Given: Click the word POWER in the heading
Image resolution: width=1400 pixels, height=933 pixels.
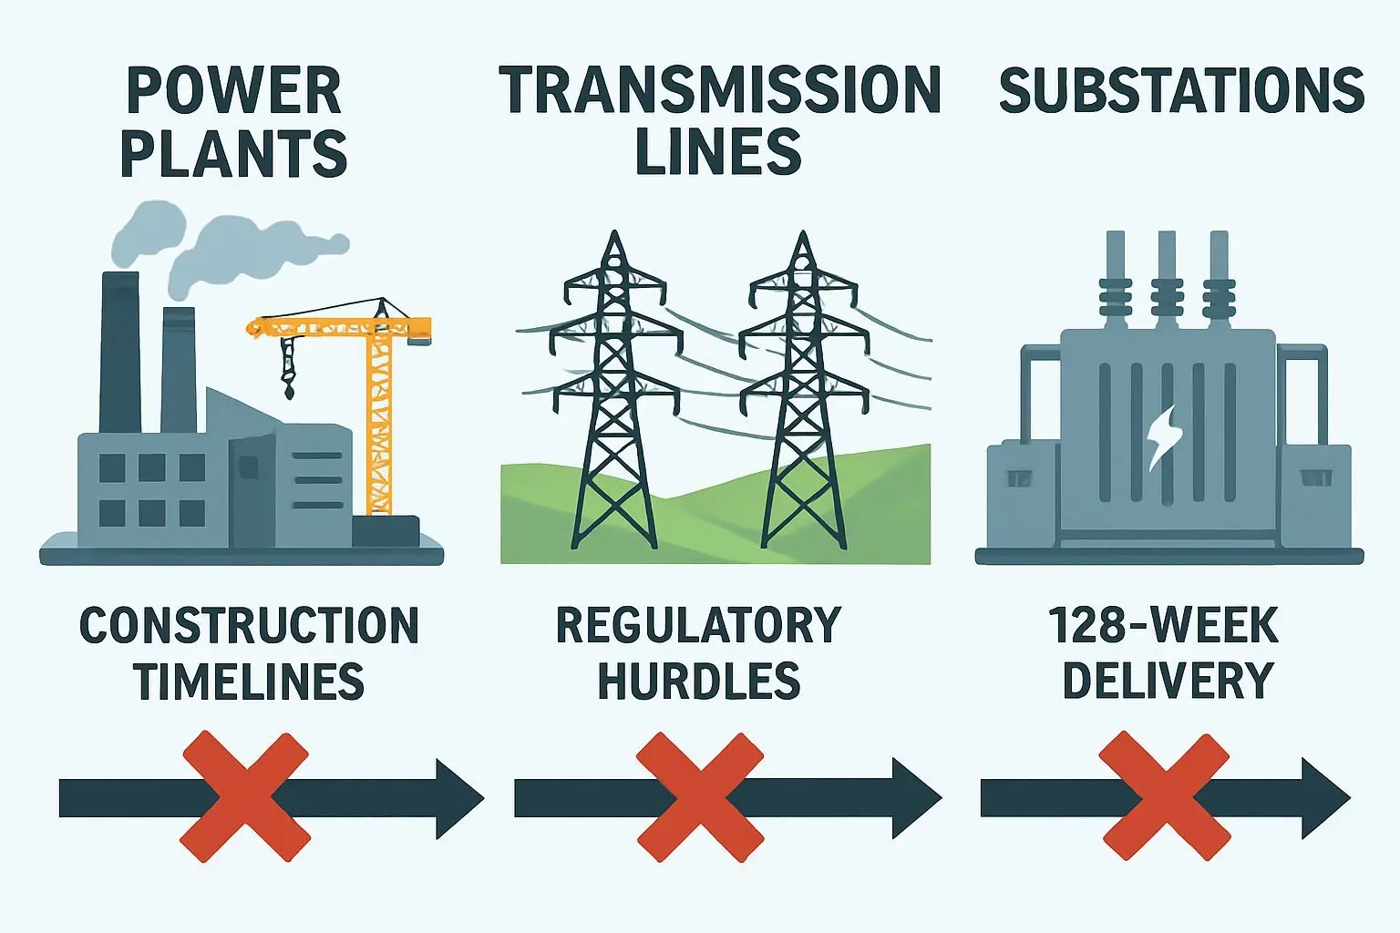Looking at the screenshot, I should [x=233, y=91].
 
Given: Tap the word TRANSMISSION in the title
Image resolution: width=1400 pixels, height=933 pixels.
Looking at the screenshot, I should [x=720, y=91].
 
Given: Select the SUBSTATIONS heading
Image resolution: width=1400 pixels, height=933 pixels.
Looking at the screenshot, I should [x=1181, y=91].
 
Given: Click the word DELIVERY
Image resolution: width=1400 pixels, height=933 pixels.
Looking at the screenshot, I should [x=1168, y=681].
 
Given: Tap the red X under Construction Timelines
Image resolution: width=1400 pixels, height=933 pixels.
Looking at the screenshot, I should [x=245, y=796].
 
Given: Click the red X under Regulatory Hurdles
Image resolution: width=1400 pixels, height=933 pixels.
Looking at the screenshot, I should [x=699, y=796].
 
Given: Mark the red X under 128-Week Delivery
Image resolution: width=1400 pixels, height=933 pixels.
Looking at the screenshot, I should [x=1164, y=796].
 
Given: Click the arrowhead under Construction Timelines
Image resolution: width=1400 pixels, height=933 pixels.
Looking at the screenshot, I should [x=458, y=798].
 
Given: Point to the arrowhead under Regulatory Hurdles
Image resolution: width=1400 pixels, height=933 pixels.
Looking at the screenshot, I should [x=916, y=798].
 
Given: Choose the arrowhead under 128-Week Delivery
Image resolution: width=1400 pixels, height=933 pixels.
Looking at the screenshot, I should [x=1324, y=798].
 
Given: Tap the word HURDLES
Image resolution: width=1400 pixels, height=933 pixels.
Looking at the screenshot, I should [x=698, y=681].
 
